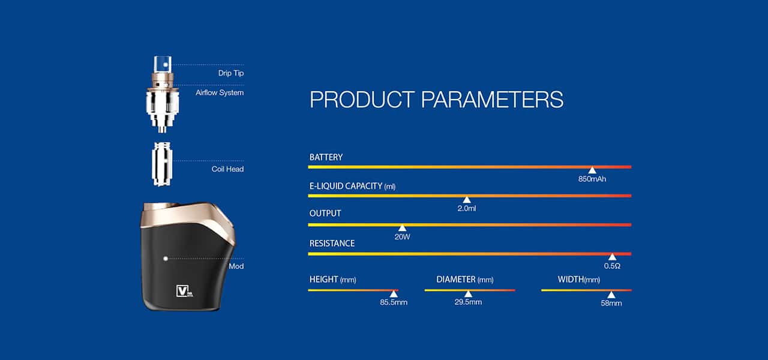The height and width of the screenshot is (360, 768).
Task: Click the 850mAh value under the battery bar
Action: pyautogui.click(x=592, y=179)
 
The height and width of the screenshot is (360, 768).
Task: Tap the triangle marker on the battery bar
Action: pyautogui.click(x=592, y=170)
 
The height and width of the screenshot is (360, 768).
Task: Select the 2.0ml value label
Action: pyautogui.click(x=467, y=208)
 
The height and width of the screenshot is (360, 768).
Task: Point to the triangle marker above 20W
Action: pyautogui.click(x=402, y=228)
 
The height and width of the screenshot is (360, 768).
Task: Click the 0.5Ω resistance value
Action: pyautogui.click(x=612, y=266)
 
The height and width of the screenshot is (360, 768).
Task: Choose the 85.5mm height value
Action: pyautogui.click(x=394, y=302)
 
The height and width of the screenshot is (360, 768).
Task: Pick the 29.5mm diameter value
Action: pyautogui.click(x=468, y=302)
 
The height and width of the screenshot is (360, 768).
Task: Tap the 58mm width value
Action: pyautogui.click(x=611, y=303)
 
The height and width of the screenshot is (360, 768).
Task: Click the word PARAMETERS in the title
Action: pyautogui.click(x=492, y=100)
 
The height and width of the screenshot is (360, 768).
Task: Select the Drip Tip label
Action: pyautogui.click(x=231, y=73)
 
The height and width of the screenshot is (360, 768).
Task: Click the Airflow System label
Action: pyautogui.click(x=220, y=92)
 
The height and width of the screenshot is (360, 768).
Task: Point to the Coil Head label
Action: pyautogui.click(x=227, y=169)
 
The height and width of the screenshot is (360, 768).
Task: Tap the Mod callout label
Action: pyautogui.click(x=236, y=266)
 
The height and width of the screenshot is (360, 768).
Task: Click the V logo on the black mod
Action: pyautogui.click(x=184, y=291)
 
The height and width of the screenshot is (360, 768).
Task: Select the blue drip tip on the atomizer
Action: pyautogui.click(x=163, y=64)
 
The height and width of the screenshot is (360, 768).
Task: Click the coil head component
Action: pyautogui.click(x=162, y=164)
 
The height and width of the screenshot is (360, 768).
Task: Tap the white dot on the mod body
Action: pyautogui.click(x=166, y=259)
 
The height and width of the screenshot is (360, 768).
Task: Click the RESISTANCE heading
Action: pyautogui.click(x=332, y=244)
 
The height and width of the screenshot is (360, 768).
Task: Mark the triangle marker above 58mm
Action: pyautogui.click(x=611, y=295)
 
